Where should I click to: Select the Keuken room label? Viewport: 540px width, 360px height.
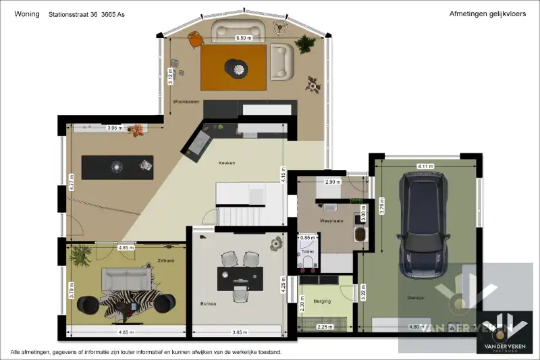click(226, 163)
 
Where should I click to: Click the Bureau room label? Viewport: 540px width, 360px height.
click(208, 304)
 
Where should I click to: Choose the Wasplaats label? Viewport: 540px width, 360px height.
click(331, 220)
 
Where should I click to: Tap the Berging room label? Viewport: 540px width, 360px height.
click(322, 301)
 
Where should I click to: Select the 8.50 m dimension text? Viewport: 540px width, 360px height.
click(243, 38)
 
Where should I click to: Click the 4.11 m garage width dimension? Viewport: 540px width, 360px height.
click(425, 165)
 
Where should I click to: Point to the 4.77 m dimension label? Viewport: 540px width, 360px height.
click(71, 182)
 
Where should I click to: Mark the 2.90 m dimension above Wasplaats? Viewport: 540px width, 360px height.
click(333, 182)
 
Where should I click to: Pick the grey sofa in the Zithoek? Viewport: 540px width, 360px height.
click(126, 277)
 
